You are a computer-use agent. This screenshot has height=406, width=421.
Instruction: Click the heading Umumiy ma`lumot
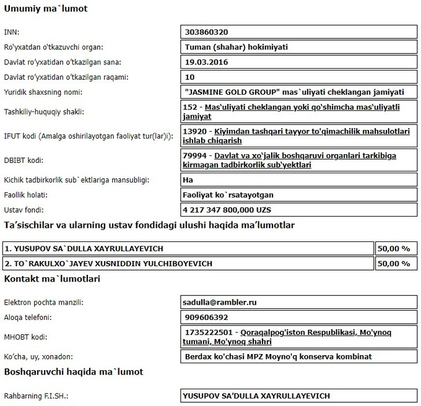(46, 9)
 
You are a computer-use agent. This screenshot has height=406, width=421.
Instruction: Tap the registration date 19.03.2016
(206, 62)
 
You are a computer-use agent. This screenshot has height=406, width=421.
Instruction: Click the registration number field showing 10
(190, 77)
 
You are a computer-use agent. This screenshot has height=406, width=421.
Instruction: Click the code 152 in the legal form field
(193, 107)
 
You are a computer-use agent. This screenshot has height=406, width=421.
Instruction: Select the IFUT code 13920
(196, 131)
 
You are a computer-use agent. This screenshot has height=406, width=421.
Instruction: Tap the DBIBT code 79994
(196, 155)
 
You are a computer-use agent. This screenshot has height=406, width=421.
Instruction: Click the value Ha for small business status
(189, 180)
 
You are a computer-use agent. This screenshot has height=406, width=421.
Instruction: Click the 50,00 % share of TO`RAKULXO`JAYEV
(394, 264)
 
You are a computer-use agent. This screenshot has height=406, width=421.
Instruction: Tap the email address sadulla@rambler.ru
(221, 303)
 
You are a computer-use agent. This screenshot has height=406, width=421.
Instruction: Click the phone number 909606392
(207, 317)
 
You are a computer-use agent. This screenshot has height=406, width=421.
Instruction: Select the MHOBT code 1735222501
(210, 332)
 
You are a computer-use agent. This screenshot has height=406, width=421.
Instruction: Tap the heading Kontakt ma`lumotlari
(52, 279)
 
